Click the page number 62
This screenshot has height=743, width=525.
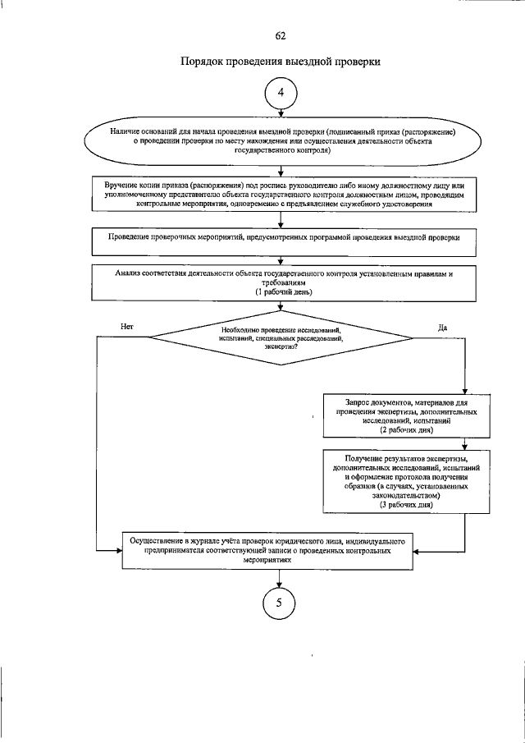[281, 35]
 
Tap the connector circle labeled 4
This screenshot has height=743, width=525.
[281, 94]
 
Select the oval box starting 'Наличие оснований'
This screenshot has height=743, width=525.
[281, 141]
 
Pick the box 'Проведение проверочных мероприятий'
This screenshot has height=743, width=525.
[281, 237]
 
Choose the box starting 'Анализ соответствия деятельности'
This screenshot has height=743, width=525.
[281, 282]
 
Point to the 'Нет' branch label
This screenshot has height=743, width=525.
[126, 327]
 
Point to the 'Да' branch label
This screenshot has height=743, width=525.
[442, 327]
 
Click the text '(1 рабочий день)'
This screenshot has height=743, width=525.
[281, 292]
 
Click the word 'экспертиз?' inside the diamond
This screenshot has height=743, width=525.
[281, 347]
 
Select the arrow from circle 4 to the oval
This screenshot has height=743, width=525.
[281, 117]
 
